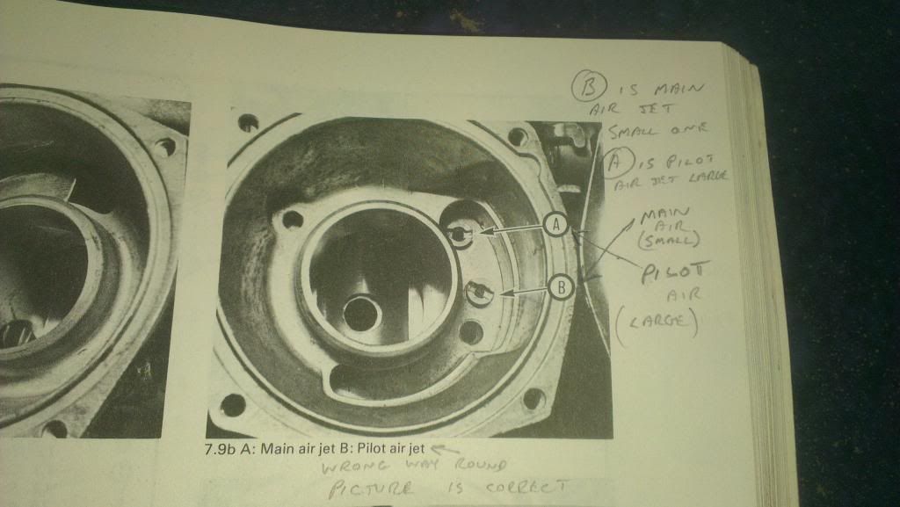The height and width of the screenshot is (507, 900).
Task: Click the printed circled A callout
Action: pos(555,225)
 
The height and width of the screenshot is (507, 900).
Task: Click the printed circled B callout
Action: pos(560,287)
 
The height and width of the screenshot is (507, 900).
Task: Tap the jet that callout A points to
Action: pos(460,234)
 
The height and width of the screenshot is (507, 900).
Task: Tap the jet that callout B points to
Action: pos(479,293)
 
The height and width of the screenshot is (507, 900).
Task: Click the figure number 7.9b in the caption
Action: pos(221,448)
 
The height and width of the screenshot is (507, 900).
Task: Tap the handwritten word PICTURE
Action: pos(371,489)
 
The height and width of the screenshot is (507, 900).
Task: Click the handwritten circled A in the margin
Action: pos(620,163)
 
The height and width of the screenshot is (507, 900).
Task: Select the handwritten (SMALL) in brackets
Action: pos(669,239)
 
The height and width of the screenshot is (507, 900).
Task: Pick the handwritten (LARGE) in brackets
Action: pos(657,322)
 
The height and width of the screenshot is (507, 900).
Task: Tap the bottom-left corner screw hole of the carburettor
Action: pos(233,405)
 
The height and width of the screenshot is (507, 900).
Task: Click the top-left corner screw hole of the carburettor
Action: pos(248,122)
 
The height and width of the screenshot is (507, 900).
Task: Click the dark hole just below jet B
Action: pos(471,333)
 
